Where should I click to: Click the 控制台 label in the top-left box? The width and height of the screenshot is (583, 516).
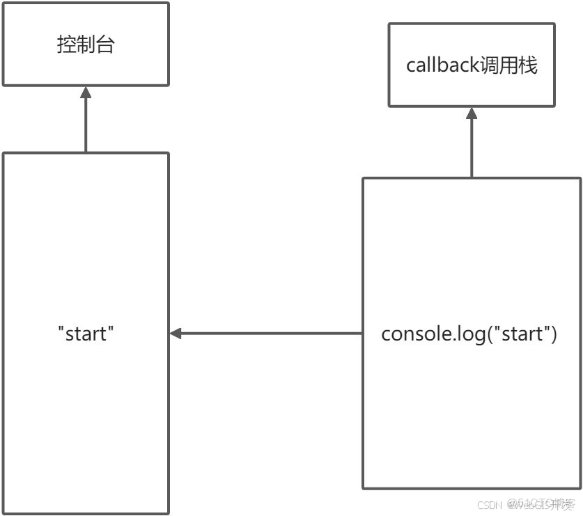[85, 44]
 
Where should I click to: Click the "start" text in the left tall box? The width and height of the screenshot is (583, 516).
[85, 334]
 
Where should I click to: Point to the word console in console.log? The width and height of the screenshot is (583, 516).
[410, 334]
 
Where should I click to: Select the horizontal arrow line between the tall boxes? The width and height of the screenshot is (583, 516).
[272, 334]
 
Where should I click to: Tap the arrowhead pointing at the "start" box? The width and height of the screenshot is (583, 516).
[176, 334]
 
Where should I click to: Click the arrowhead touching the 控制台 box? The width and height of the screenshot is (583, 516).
[85, 92]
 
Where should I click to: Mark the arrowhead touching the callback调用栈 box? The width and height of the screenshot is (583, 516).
[472, 113]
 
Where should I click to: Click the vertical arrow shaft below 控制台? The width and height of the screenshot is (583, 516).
[85, 125]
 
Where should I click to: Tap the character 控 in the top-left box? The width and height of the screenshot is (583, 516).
[66, 44]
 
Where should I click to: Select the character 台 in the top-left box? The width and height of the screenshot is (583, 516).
[104, 44]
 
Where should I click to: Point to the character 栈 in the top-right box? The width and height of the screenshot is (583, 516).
[529, 65]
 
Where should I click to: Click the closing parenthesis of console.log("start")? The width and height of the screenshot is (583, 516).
[554, 334]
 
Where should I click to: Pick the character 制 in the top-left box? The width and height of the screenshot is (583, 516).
[85, 44]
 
